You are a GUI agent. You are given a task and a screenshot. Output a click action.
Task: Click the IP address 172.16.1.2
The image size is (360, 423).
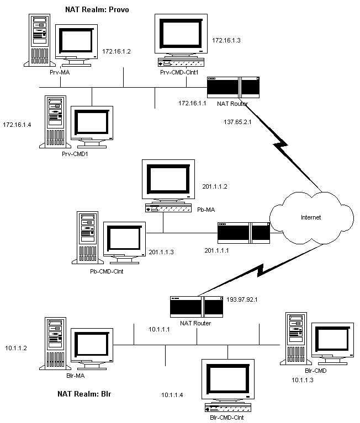(116, 51)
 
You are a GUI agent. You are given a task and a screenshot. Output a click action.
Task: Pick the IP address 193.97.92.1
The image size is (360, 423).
(242, 301)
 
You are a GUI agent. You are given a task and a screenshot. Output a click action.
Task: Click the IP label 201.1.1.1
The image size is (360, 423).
(217, 251)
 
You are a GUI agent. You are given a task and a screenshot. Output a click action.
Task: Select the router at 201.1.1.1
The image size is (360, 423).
(243, 232)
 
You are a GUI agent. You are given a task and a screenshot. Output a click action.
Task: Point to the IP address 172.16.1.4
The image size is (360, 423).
(17, 125)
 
